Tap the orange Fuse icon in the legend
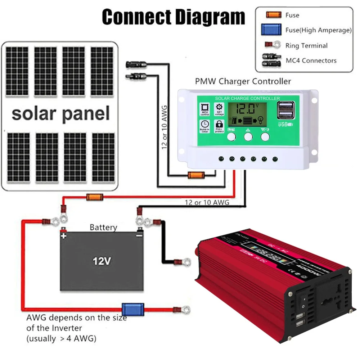pos(273,15)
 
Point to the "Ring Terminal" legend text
pos(306,46)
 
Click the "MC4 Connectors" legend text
pos(311,60)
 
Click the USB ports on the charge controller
pos(286,111)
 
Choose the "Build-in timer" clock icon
pos(204,125)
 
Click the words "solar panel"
pos(60,113)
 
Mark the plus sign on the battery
pos(64,236)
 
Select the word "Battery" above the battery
pos(103,227)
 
